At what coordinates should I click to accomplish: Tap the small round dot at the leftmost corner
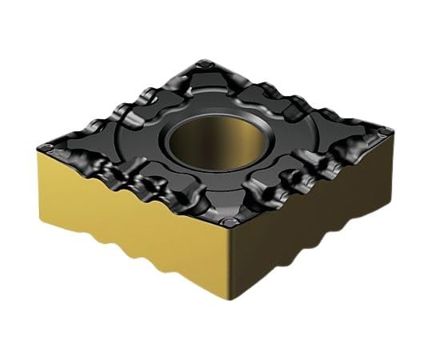50,146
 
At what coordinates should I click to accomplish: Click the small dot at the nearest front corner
231,222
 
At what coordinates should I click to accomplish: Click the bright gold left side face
128,216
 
